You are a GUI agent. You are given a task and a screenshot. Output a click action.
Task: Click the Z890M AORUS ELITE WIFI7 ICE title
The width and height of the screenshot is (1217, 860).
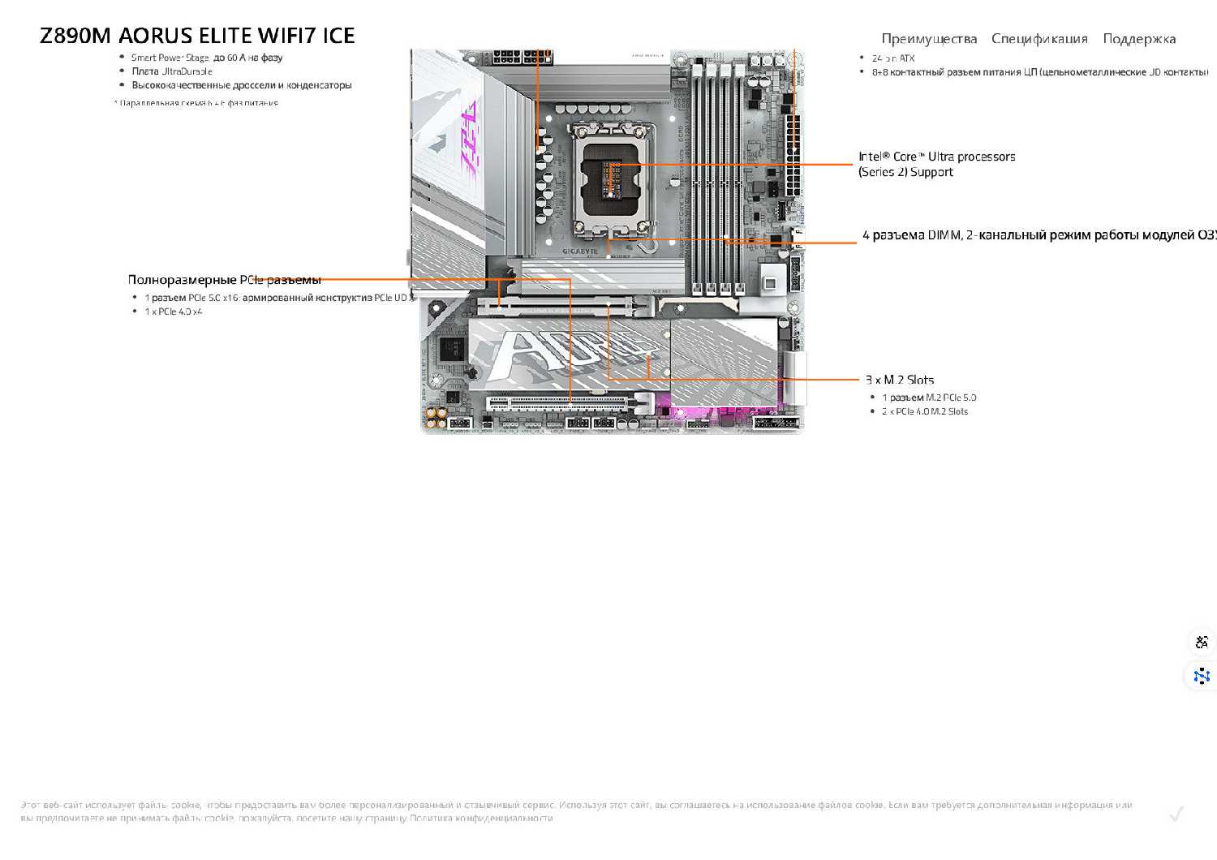[197, 36]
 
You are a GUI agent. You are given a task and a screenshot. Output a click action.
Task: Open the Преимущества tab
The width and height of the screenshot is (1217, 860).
[929, 39]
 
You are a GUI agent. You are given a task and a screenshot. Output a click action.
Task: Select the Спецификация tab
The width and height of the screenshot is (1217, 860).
[1039, 39]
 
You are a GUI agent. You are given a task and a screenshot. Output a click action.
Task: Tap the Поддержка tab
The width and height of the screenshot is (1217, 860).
[1139, 39]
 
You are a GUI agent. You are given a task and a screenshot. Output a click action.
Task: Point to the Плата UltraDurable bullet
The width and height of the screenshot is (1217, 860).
[172, 71]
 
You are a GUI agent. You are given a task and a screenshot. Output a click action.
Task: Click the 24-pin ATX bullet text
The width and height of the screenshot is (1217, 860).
[893, 58]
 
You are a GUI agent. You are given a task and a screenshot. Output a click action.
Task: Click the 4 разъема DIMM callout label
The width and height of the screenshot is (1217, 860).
[1039, 235]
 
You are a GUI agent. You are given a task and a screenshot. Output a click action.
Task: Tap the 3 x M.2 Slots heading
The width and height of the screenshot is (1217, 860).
[900, 380]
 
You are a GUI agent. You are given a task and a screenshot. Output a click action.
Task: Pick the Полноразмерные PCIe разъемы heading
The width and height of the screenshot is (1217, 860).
[224, 280]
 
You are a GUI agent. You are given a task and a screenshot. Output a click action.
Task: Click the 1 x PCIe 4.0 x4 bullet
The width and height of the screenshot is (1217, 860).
[174, 312]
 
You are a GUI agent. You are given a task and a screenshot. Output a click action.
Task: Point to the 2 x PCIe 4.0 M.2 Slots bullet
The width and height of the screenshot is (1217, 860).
[925, 411]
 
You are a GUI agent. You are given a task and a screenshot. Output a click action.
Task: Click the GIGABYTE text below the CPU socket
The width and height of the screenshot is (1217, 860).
[580, 252]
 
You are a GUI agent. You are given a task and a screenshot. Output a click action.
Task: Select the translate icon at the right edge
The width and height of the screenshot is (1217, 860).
[1202, 642]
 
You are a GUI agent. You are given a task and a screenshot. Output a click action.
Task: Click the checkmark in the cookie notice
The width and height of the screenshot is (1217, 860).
[1176, 814]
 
